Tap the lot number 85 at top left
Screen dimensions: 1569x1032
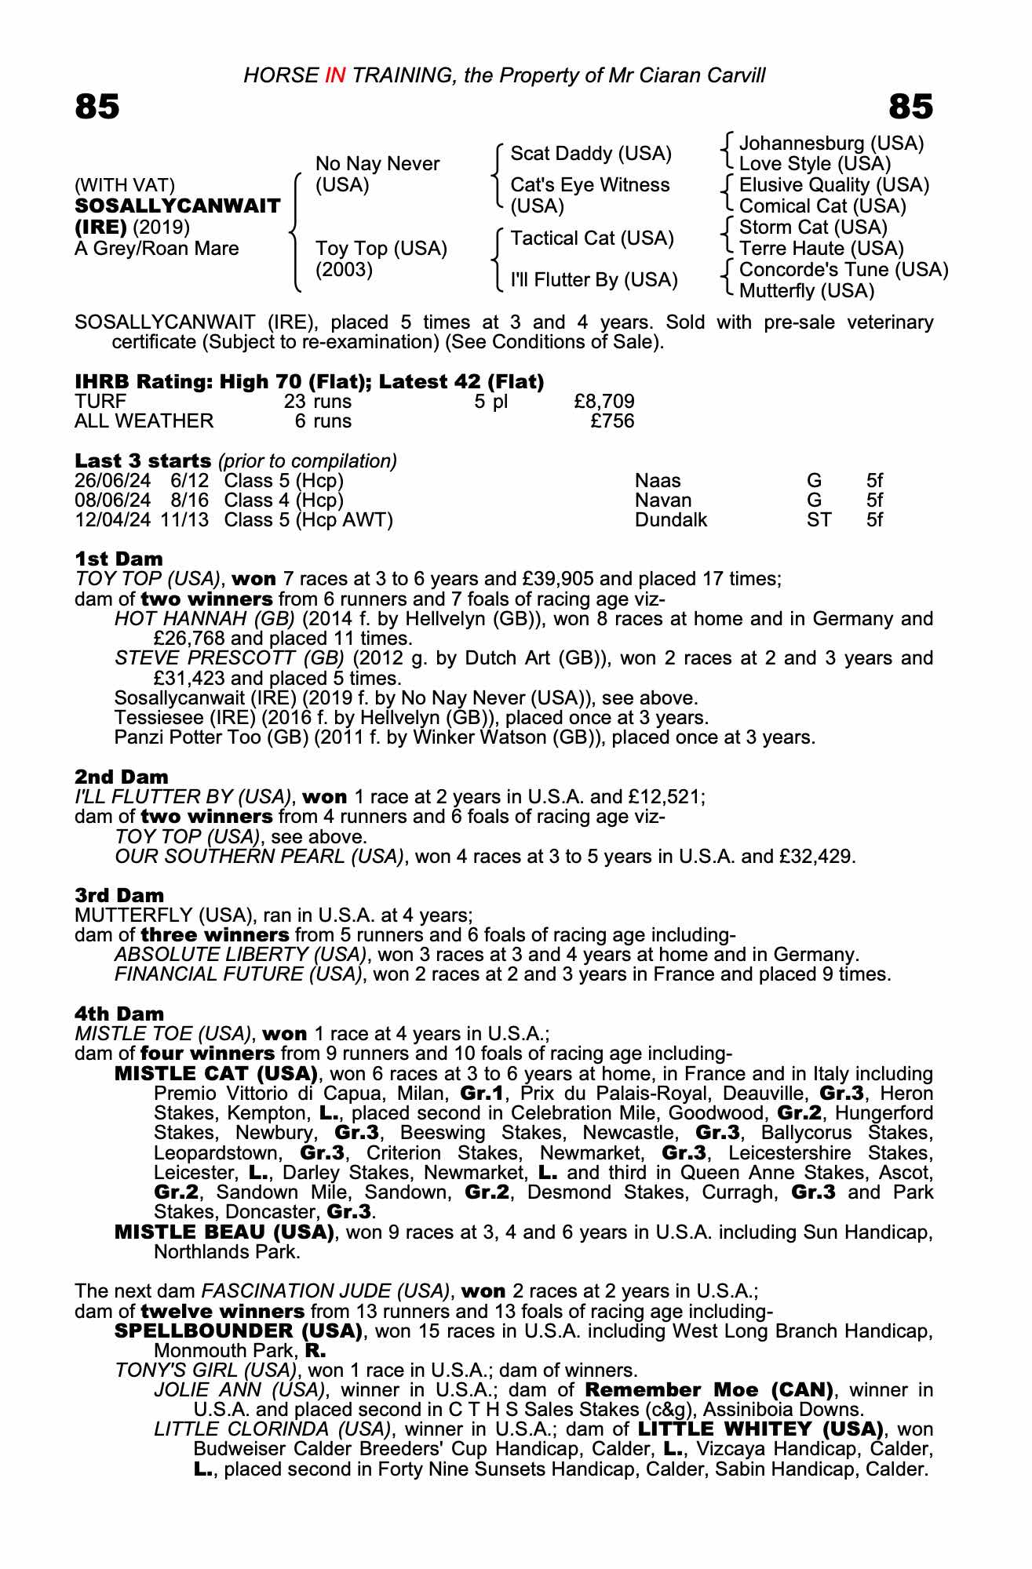97,107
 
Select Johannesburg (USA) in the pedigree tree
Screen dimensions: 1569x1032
831,144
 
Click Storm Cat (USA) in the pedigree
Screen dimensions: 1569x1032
813,228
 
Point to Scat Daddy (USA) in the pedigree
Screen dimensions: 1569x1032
591,154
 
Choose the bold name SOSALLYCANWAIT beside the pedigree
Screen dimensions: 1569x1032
177,206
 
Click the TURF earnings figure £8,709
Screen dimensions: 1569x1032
604,402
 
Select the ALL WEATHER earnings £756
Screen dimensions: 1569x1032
612,421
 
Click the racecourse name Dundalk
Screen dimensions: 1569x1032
671,520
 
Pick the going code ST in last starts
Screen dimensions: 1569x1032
819,520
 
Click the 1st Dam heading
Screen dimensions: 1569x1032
119,559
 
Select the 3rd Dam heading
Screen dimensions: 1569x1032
119,896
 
